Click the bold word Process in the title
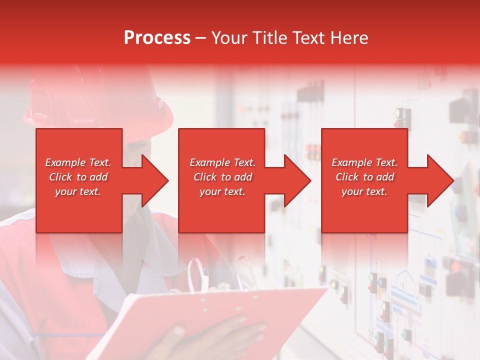(157, 38)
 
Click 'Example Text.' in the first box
(78, 162)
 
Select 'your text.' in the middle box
(222, 191)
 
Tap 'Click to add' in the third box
(364, 177)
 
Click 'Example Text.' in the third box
(364, 162)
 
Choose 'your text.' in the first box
(78, 191)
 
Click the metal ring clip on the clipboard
(200, 275)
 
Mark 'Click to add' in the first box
(78, 177)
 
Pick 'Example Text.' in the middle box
(222, 162)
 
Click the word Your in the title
(229, 38)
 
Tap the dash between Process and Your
(201, 38)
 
